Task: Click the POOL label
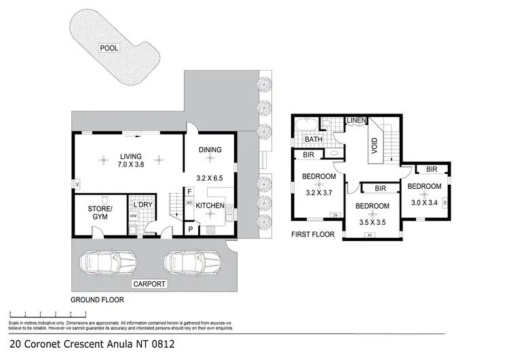point(109,48)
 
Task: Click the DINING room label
point(210,150)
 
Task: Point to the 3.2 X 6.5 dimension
point(210,179)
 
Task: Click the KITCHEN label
point(210,204)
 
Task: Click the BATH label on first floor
point(313,140)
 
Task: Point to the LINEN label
point(358,121)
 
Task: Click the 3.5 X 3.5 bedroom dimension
point(373,221)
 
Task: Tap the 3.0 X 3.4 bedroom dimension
point(426,202)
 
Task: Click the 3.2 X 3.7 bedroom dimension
point(318,192)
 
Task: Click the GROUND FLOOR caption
point(97,299)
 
